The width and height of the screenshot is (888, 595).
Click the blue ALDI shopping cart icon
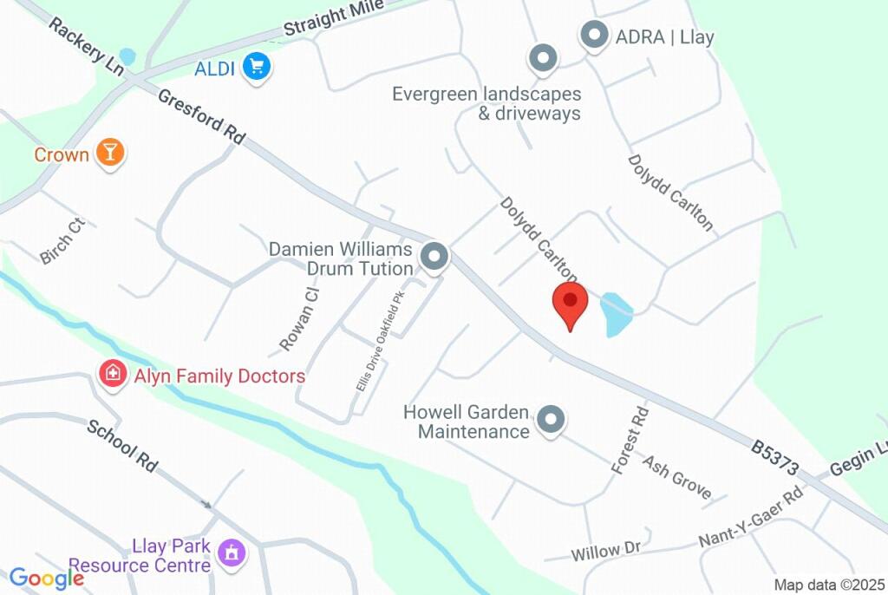[255, 67]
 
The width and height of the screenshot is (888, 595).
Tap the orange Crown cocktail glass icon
[109, 153]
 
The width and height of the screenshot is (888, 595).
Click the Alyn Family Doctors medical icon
[112, 375]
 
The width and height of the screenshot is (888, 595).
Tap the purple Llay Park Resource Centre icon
[231, 552]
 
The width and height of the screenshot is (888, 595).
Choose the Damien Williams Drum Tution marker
[434, 257]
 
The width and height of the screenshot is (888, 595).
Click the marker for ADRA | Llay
[594, 36]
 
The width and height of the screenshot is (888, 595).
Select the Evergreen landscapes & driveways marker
[543, 59]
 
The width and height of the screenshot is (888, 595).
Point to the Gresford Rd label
[201, 116]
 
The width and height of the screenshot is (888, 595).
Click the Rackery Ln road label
[86, 46]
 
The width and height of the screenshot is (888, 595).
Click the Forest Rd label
[630, 441]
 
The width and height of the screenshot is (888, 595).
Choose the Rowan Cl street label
[299, 318]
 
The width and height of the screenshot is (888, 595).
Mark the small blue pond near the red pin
[616, 314]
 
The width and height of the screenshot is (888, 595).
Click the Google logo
[47, 579]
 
